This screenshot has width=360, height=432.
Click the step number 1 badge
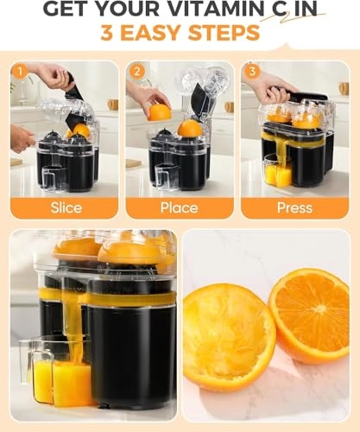[x=19, y=71]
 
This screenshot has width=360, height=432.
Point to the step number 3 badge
[x=251, y=71]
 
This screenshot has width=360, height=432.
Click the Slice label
[x=66, y=207]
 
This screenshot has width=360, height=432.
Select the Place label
[x=180, y=207]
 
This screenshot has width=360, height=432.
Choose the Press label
[x=296, y=207]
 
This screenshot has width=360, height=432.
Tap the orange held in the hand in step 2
[x=159, y=112]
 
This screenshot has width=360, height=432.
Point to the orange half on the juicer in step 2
[x=189, y=129]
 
